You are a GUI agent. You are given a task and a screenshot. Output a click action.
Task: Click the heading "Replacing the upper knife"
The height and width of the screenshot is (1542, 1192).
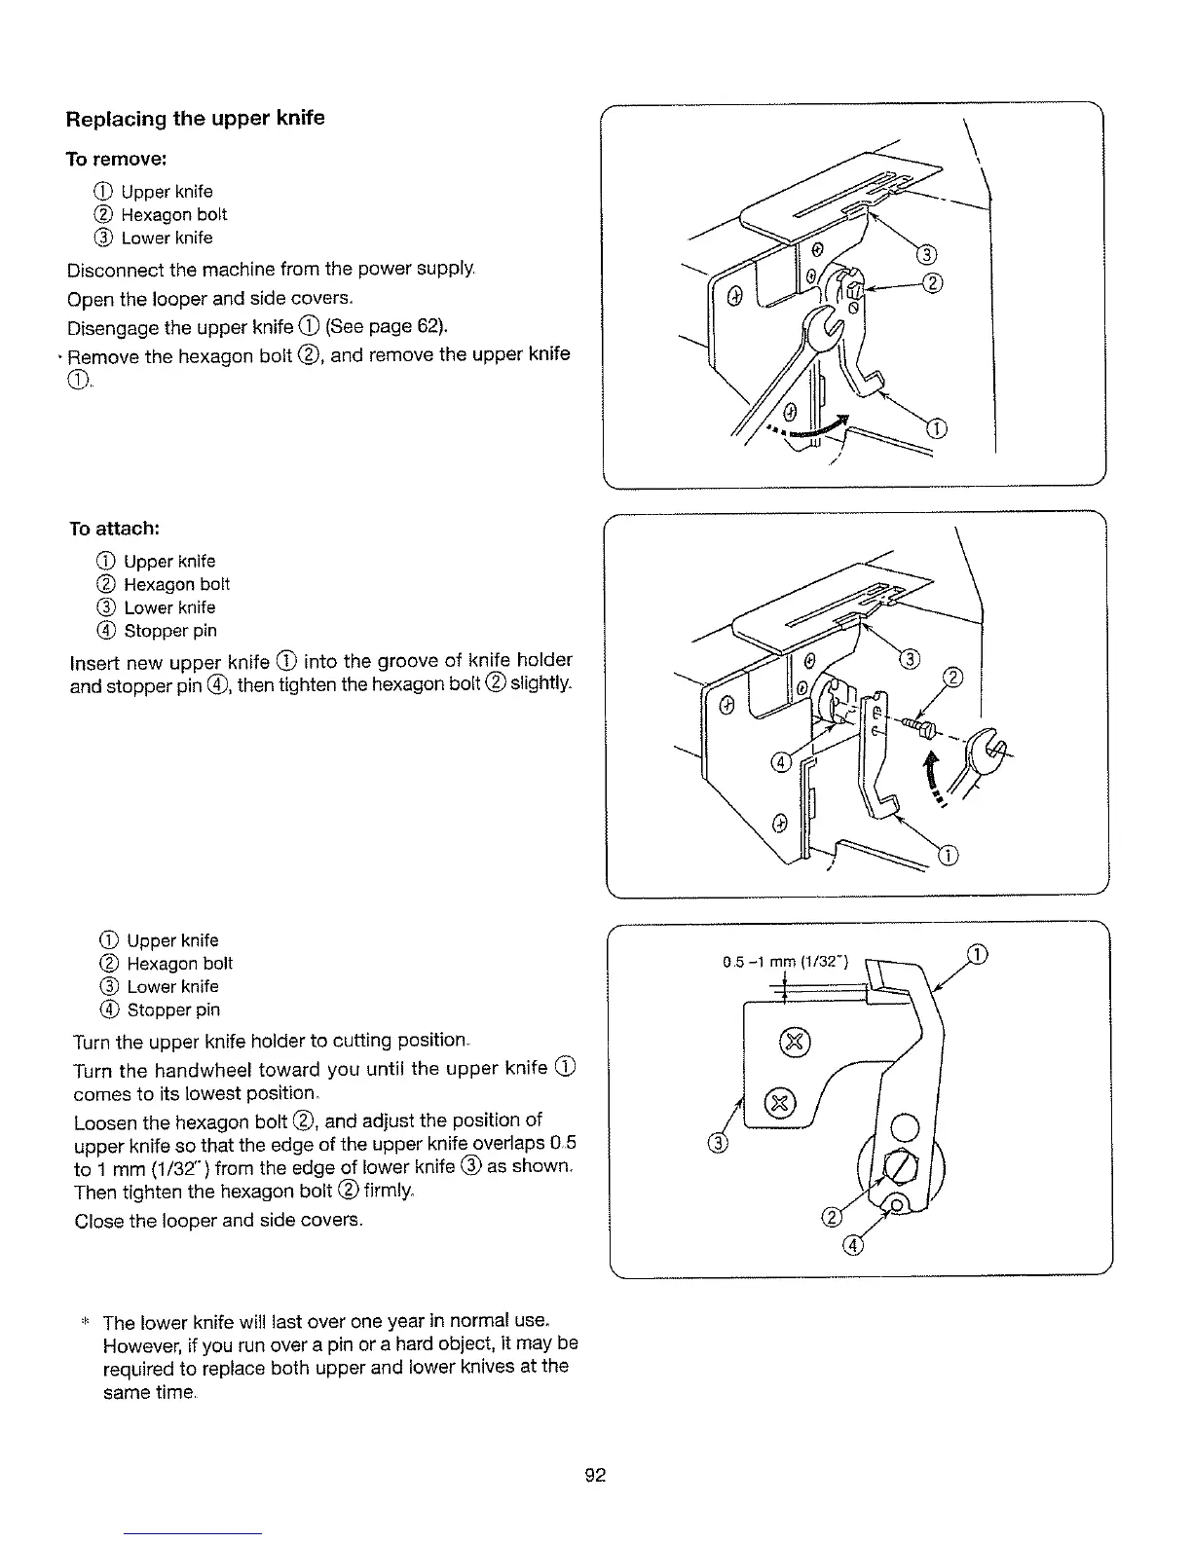click(195, 119)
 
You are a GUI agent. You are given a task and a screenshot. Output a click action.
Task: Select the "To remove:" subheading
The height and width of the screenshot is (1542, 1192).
click(117, 158)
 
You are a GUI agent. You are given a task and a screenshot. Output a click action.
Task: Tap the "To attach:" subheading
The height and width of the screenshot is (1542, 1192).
click(114, 528)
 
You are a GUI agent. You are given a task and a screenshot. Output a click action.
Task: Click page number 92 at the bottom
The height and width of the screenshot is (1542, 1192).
click(595, 1476)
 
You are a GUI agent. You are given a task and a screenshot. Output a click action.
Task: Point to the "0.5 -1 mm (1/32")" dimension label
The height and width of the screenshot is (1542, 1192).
click(786, 963)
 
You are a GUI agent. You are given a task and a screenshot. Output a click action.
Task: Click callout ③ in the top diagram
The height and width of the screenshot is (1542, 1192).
click(926, 255)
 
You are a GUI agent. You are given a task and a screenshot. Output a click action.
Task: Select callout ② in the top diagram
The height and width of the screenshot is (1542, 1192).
click(932, 284)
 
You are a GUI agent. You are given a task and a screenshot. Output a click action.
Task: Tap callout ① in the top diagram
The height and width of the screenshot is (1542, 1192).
click(936, 428)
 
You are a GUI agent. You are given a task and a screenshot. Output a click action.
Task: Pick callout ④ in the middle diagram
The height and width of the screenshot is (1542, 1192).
click(780, 761)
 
